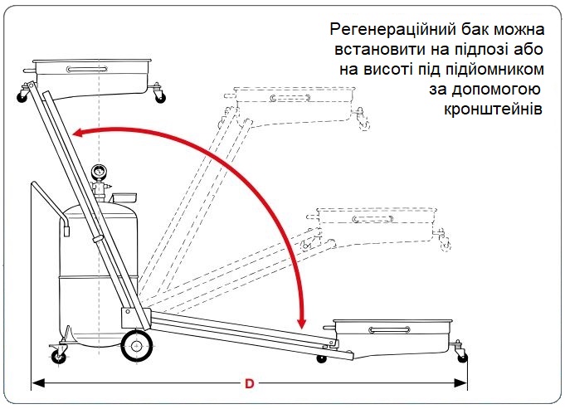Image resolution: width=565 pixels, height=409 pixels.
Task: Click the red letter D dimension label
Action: [x=249, y=384]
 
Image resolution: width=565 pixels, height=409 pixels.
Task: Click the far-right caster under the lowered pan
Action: [x=461, y=354]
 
